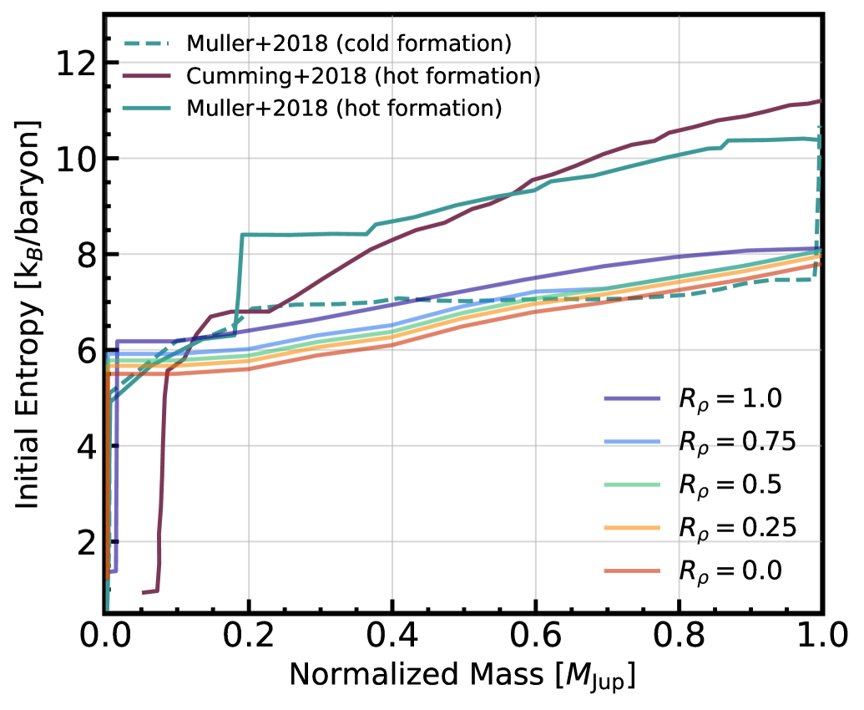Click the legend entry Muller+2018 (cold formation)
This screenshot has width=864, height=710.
point(349,43)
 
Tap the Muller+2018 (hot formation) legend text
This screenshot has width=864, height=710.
point(344,108)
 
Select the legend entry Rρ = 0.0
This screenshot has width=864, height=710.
point(728,570)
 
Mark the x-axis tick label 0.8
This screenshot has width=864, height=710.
point(679,640)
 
